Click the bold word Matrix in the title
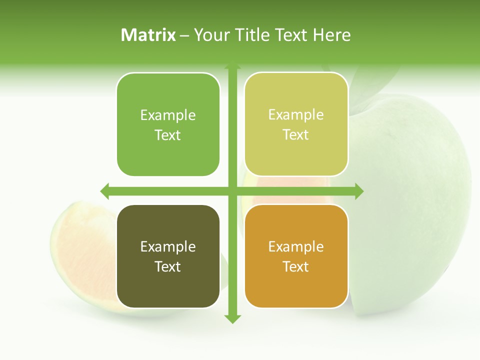148,35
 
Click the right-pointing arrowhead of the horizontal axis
358,191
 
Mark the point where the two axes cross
232,191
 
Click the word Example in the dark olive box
168,246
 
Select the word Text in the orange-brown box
296,266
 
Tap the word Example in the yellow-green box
296,114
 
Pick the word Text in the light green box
168,135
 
